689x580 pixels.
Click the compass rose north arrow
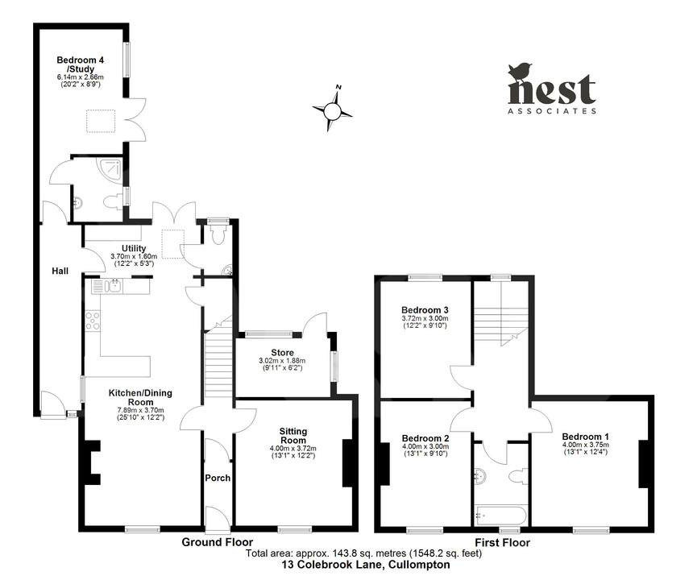coord(333,111)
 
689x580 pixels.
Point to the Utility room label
coord(133,248)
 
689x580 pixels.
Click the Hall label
coord(60,271)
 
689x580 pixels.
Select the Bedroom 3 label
coord(425,309)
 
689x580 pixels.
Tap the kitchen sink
coord(108,285)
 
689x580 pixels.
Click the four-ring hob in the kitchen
coord(92,321)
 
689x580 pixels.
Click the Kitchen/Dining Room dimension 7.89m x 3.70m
coord(141,410)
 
